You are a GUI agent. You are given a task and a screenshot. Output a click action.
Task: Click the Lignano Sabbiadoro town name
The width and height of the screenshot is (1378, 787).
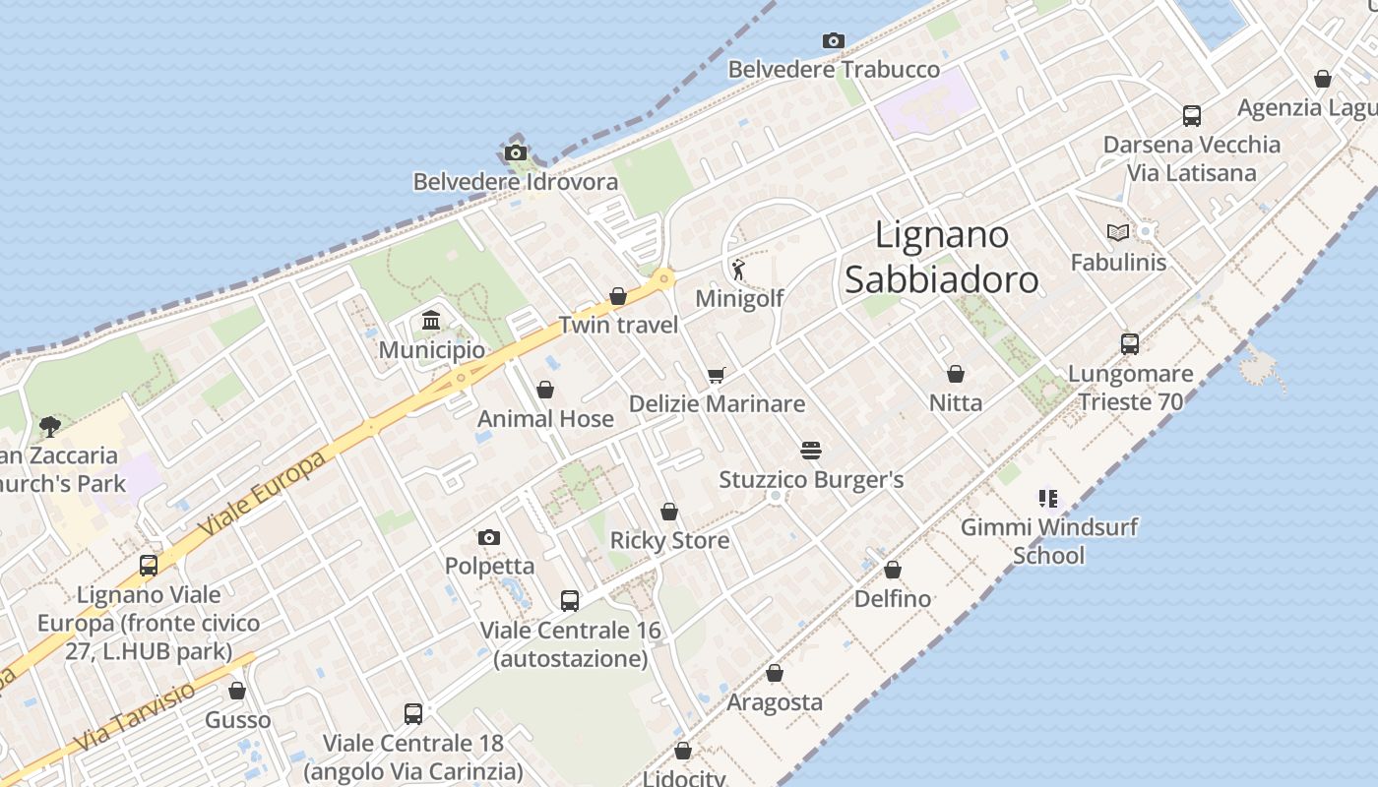point(941,258)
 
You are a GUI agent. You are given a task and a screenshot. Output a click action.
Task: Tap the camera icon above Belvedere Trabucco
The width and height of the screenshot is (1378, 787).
point(834,41)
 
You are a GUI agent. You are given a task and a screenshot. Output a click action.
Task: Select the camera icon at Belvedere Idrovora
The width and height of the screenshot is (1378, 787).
point(515,153)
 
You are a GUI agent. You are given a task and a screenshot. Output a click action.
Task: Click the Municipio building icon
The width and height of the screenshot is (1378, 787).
point(431,321)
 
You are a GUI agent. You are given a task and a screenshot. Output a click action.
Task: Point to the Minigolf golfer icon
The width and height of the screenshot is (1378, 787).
point(738,269)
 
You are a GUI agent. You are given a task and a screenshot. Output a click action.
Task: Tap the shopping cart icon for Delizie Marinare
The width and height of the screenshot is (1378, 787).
point(716,375)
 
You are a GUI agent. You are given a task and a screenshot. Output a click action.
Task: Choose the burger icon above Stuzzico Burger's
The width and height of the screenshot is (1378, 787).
point(811,451)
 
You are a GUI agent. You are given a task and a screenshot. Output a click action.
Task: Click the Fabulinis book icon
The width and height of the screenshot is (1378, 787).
point(1117,232)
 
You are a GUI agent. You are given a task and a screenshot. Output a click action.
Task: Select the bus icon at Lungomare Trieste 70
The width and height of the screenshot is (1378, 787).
point(1130,344)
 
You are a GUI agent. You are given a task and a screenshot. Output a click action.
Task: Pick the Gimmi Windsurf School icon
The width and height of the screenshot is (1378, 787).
point(1047,499)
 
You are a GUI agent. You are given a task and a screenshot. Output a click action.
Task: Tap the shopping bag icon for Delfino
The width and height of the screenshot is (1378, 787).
point(893,570)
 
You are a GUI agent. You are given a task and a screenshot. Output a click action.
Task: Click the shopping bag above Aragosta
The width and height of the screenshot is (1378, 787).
point(775,674)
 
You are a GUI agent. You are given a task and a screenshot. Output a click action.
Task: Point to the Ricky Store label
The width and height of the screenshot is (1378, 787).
point(669,540)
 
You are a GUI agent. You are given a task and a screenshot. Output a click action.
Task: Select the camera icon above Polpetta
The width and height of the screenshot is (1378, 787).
point(489,537)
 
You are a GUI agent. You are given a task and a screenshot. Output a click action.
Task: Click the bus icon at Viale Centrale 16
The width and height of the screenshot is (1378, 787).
point(569,601)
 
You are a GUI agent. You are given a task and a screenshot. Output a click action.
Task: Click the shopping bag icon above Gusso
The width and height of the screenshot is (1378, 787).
point(237,692)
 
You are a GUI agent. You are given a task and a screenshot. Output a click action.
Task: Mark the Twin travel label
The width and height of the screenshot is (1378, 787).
point(618,325)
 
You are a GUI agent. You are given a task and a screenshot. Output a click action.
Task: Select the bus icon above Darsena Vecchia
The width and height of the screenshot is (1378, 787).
point(1192,116)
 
